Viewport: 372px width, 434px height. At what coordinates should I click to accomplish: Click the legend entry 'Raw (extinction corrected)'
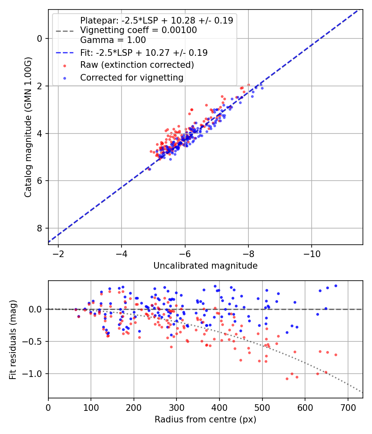click(137, 65)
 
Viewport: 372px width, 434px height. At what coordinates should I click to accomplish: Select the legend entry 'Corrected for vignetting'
click(131, 77)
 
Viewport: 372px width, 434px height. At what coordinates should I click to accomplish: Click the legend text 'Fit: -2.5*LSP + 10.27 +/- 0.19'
click(144, 52)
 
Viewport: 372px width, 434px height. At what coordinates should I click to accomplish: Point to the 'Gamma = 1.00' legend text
click(113, 40)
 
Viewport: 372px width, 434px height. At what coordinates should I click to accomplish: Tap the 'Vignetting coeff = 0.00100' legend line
click(138, 30)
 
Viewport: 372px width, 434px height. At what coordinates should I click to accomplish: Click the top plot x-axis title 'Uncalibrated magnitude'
click(205, 266)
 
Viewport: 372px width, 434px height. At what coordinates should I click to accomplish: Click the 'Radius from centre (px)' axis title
click(205, 420)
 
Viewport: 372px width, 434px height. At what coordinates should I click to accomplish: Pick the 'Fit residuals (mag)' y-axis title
click(13, 339)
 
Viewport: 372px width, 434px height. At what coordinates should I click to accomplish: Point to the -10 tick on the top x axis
click(312, 253)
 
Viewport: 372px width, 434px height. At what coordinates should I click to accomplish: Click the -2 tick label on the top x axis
click(58, 253)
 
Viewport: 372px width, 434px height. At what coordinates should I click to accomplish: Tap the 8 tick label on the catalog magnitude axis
click(40, 228)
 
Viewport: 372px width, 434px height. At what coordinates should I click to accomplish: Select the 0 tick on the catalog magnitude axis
click(40, 38)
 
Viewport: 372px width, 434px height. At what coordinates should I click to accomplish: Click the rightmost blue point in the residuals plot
click(336, 286)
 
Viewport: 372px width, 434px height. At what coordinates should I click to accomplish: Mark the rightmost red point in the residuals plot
click(336, 355)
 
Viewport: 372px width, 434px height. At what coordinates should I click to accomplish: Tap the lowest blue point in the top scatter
click(149, 169)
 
